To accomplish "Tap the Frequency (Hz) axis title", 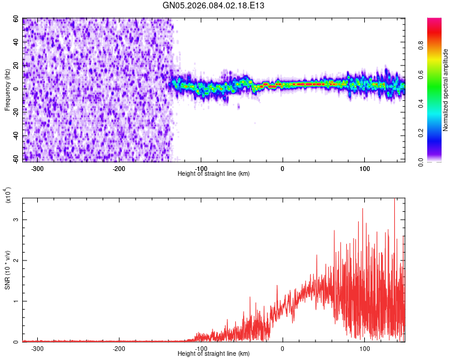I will pyautogui.click(x=7, y=90).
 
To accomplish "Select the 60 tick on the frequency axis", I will pyautogui.click(x=16, y=19).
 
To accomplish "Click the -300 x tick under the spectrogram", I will pyautogui.click(x=37, y=168).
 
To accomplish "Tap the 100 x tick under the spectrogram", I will pyautogui.click(x=364, y=168).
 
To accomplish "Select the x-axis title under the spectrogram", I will pyautogui.click(x=214, y=173).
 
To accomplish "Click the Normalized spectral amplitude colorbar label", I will pyautogui.click(x=446, y=90).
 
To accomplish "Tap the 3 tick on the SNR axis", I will pyautogui.click(x=16, y=220).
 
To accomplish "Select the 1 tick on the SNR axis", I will pyautogui.click(x=16, y=301).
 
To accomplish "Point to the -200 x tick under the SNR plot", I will pyautogui.click(x=119, y=348).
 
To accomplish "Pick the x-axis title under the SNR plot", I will pyautogui.click(x=214, y=353).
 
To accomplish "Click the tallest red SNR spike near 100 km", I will pyautogui.click(x=363, y=209).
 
